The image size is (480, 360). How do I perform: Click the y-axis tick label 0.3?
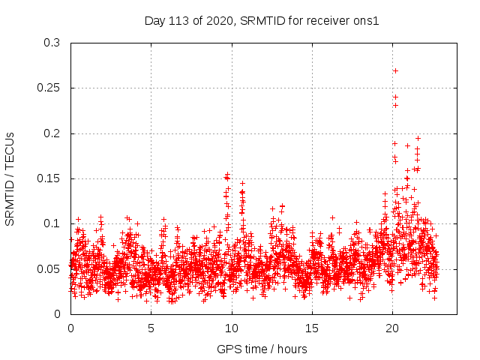point(52,43)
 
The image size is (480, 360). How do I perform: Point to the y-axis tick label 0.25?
point(49,88)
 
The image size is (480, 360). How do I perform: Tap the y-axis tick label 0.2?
point(52,133)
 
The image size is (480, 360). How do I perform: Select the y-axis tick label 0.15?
point(49,178)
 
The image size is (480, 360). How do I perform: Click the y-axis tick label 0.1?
point(52,223)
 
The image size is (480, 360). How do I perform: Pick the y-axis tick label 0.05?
point(49,268)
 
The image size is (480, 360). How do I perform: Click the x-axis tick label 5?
point(151,328)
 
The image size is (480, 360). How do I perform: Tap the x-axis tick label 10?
point(232,328)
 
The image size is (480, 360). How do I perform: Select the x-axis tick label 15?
point(312,328)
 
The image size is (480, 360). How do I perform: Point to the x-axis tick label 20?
point(392,328)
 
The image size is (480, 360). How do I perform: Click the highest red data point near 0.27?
point(395,70)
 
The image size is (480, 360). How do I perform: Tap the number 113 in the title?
point(177,20)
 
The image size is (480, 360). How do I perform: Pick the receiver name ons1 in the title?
point(367,20)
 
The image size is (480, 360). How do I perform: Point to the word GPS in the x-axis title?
point(228,349)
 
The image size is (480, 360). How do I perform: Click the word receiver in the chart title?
point(329,20)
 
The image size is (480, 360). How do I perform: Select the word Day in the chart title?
point(155,20)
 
